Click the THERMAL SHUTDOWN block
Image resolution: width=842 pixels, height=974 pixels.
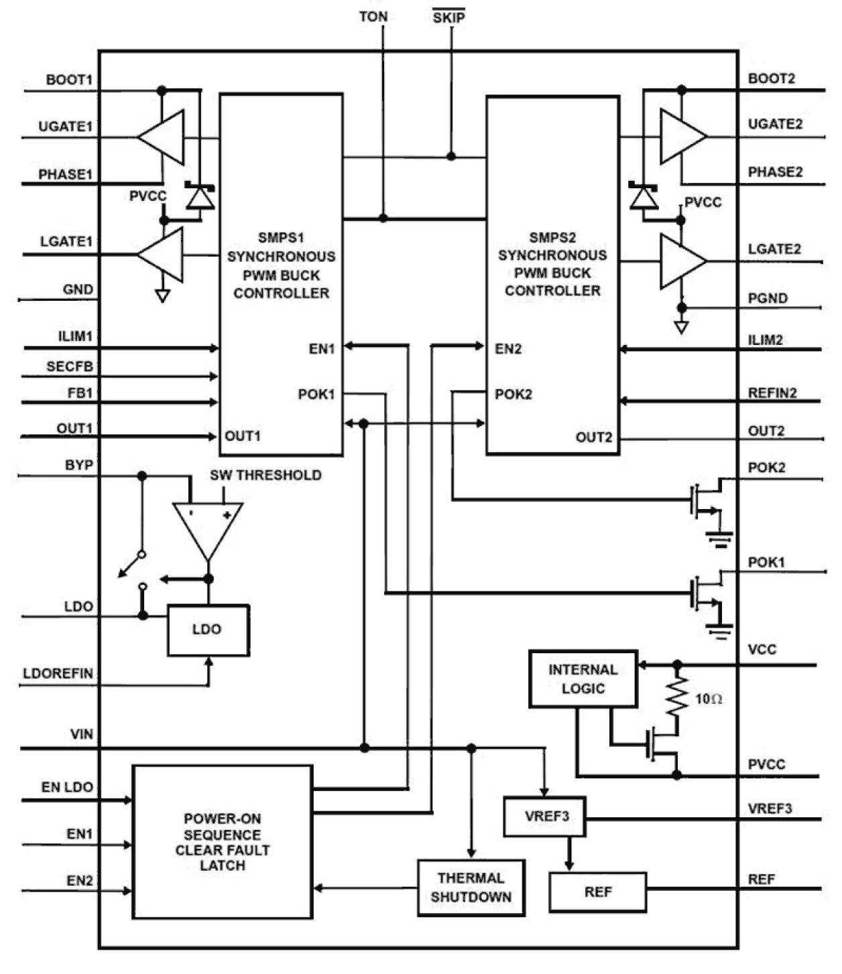pos(471,887)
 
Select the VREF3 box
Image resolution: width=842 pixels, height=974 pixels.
pos(545,816)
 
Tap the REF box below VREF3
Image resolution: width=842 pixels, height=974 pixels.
pos(597,892)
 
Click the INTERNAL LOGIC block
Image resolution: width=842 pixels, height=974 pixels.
pos(583,679)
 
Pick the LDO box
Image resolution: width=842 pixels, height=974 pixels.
pos(207,630)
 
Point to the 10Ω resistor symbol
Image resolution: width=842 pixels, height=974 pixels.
pos(677,697)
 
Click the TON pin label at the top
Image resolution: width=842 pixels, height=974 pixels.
pos(373,17)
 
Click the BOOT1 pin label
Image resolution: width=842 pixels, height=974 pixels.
pos(68,80)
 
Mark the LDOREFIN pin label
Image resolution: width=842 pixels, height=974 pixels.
pos(58,673)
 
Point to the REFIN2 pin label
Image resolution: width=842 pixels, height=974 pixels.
pos(772,393)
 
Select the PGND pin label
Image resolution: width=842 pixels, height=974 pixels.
pos(768,298)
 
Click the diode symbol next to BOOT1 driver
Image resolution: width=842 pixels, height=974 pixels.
pos(199,196)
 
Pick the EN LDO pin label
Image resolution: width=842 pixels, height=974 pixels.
pos(67,787)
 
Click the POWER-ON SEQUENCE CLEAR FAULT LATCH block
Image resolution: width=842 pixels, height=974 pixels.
pos(223,841)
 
